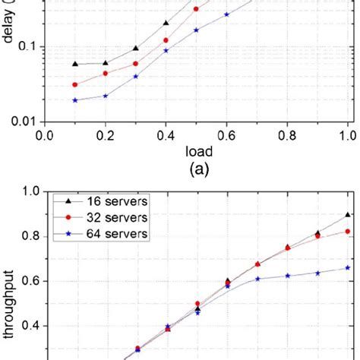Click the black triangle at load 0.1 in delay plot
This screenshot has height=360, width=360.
tap(75, 64)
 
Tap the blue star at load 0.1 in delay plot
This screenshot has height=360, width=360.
tap(75, 100)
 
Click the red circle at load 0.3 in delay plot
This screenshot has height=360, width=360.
tap(136, 64)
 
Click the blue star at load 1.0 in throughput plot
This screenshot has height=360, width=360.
tap(348, 267)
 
